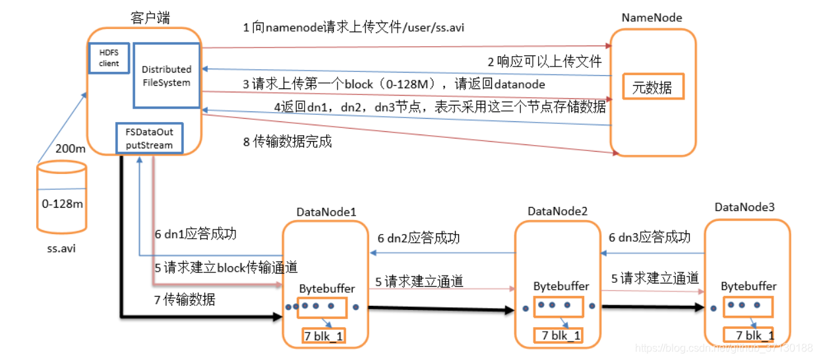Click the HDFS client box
pos(109,58)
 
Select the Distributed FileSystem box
pos(166,76)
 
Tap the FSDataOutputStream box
pos(149,138)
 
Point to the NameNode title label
pos(652,18)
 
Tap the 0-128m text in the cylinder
pos(62,204)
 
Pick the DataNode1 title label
pos(326,212)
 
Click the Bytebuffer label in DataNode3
pos(748,286)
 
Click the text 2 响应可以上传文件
pos(545,62)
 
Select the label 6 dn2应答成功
pos(418,238)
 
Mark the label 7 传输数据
pos(185,299)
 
